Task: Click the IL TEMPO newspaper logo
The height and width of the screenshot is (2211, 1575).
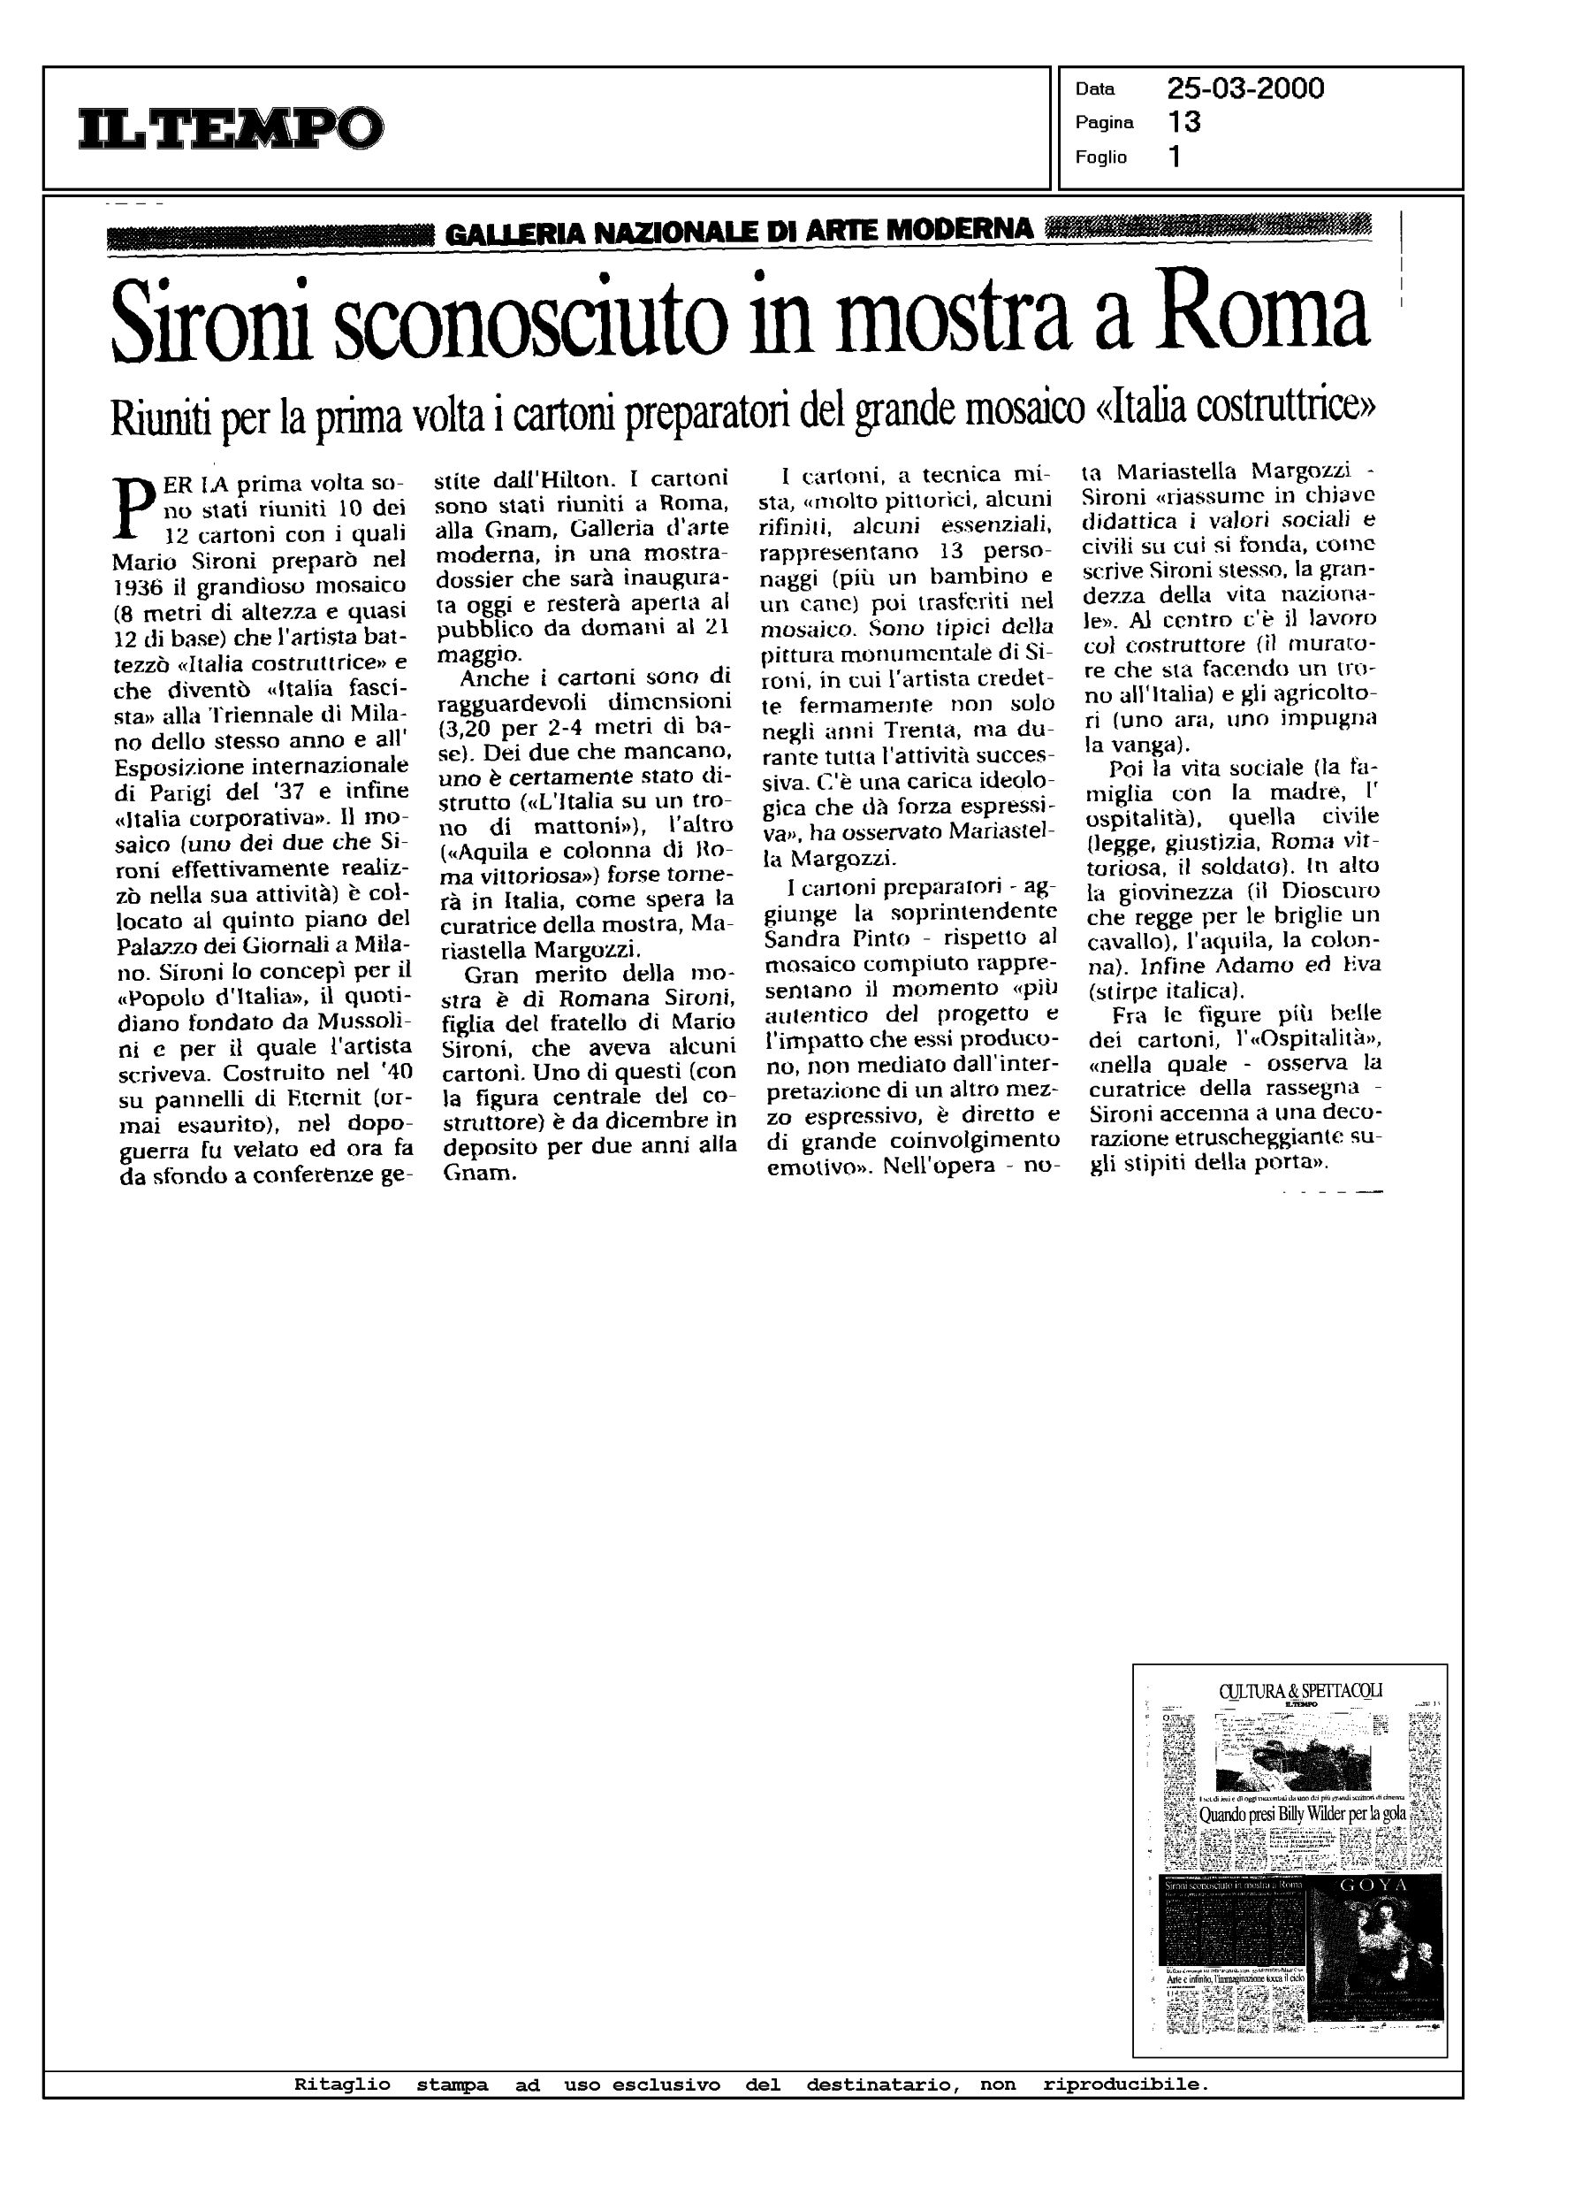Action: tap(231, 127)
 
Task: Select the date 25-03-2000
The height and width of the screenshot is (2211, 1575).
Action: tap(1245, 89)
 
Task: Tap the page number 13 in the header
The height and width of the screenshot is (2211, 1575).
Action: tap(1184, 122)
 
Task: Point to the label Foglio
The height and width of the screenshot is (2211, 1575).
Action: tap(1100, 157)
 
